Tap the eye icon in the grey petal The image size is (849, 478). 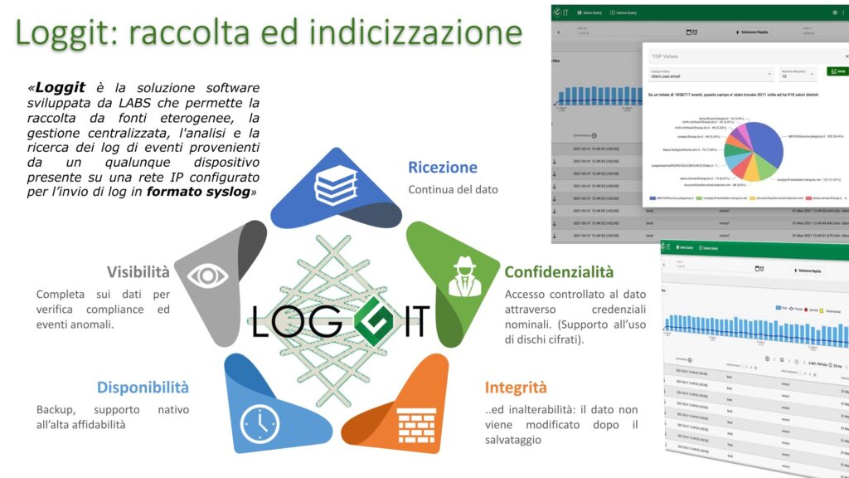(x=207, y=276)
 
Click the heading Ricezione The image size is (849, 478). (x=443, y=167)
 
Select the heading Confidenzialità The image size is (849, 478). (x=559, y=271)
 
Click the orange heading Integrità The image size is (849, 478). (x=516, y=387)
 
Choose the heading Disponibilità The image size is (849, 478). (x=143, y=387)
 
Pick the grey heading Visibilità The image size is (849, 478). (x=138, y=271)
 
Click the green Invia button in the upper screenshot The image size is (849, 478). (x=837, y=72)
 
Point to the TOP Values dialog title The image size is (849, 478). (x=666, y=56)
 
